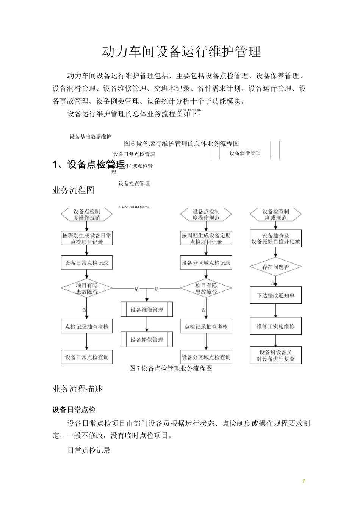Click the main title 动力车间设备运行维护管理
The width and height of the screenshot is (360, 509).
click(181, 52)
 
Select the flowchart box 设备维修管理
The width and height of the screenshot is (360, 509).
click(147, 309)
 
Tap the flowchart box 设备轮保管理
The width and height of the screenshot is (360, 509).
click(147, 340)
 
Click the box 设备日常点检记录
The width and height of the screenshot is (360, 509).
click(87, 263)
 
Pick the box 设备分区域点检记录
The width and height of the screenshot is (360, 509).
click(206, 263)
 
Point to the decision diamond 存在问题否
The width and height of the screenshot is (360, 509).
click(275, 267)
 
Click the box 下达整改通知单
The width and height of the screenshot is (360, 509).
click(275, 295)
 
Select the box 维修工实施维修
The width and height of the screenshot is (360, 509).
click(275, 326)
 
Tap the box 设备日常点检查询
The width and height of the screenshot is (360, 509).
click(87, 357)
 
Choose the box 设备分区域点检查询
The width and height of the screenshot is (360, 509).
click(206, 357)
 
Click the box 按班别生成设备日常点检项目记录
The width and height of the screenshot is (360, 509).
click(87, 239)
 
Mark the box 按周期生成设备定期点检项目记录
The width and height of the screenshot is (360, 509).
click(206, 239)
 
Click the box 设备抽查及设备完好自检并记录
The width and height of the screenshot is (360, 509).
click(275, 239)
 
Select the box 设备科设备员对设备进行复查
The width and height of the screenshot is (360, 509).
click(275, 356)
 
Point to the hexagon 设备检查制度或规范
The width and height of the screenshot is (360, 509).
click(275, 215)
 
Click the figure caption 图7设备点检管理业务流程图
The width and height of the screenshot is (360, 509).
click(171, 368)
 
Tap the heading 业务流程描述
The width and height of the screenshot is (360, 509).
click(77, 389)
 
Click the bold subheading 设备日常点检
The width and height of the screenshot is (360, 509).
click(74, 410)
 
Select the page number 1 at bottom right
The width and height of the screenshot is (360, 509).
click(304, 481)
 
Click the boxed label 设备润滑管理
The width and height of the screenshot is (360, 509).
click(245, 153)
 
